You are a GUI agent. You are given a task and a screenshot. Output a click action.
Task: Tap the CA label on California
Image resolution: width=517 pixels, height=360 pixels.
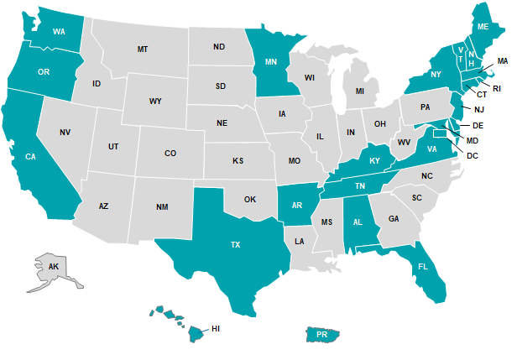[30, 157]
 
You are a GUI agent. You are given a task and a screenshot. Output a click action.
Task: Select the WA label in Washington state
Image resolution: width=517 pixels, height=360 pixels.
[60, 32]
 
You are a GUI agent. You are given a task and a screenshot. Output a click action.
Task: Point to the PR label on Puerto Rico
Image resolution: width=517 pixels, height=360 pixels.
[322, 334]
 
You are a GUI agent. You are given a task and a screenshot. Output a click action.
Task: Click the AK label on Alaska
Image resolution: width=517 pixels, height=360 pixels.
[54, 266]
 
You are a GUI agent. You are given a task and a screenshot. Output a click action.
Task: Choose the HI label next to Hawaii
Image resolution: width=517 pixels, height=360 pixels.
[216, 328]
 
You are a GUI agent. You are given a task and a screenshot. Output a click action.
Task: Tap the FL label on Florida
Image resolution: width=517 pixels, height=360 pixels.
[422, 268]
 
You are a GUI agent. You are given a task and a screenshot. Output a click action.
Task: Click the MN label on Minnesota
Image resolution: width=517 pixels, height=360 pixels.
[271, 62]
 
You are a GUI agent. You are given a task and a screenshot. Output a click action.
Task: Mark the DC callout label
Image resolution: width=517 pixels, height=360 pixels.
[473, 155]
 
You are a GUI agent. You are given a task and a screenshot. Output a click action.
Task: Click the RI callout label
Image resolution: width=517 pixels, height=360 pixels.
[496, 88]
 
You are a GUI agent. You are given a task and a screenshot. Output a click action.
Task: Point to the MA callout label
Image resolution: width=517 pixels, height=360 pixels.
[502, 61]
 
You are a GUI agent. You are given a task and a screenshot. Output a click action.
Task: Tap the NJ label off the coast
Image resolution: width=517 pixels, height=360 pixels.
[478, 109]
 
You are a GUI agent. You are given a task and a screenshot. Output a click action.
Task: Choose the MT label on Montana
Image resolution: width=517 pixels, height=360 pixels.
[143, 50]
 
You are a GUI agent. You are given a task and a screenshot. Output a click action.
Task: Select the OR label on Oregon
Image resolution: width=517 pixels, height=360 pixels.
[44, 72]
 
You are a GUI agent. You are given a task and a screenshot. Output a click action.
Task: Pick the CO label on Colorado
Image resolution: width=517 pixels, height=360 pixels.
[170, 153]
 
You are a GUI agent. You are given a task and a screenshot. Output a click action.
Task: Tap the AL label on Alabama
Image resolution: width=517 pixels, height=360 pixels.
[358, 222]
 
